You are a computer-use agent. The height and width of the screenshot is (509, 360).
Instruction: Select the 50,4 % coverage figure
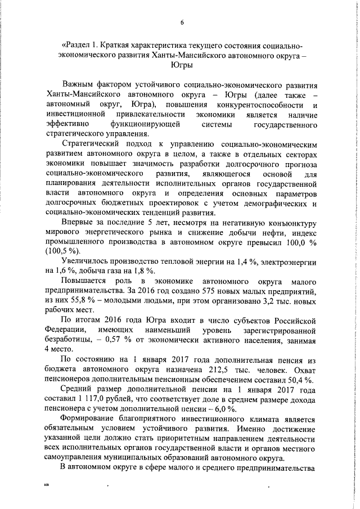(300, 380)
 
